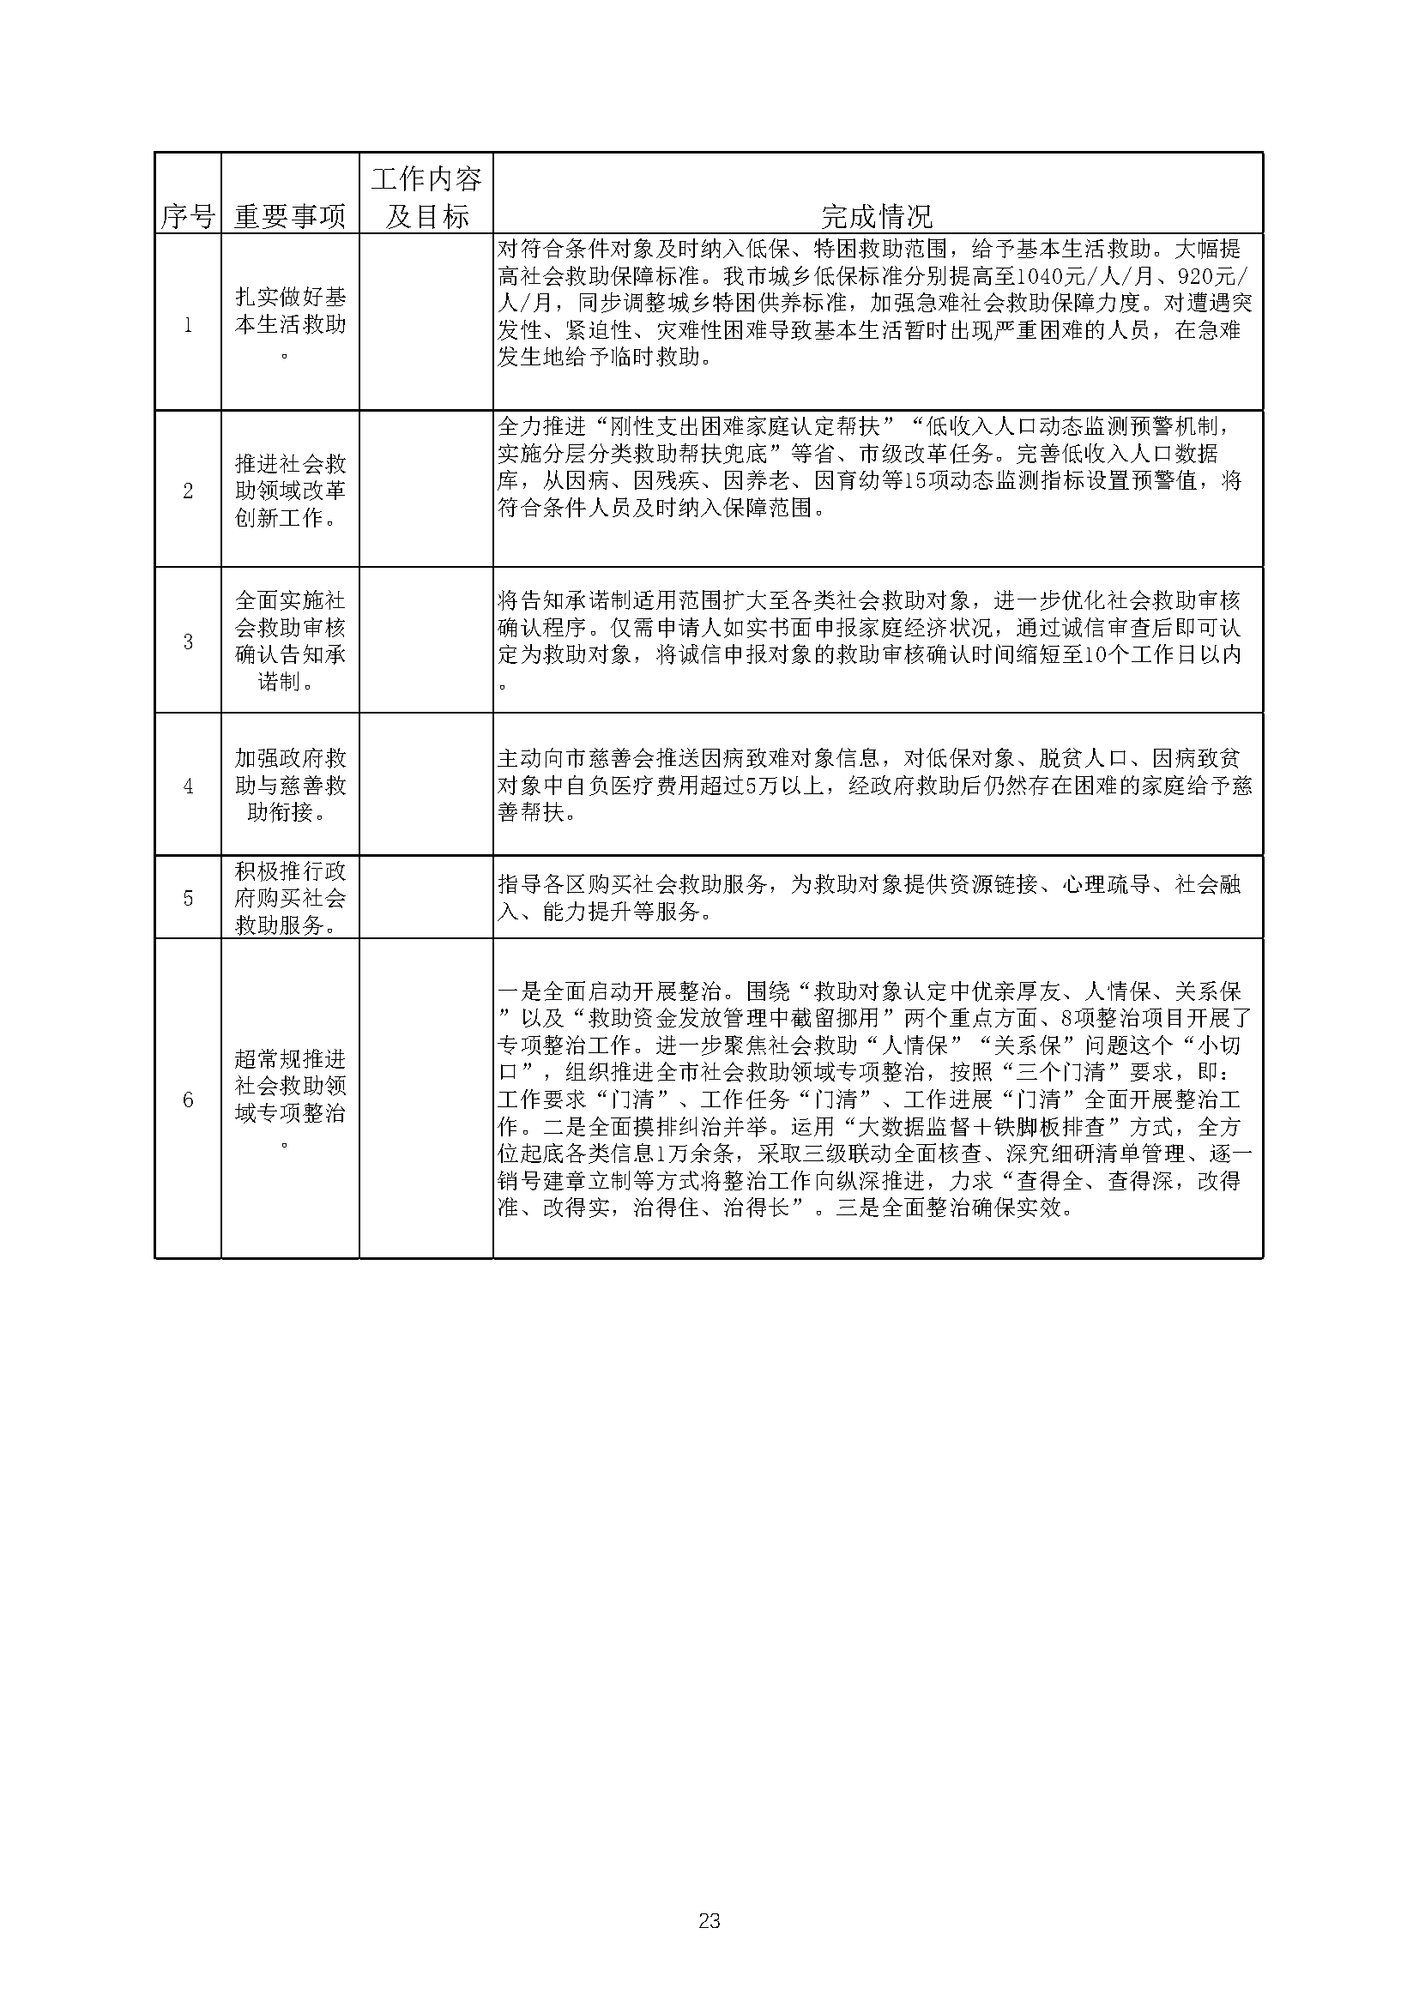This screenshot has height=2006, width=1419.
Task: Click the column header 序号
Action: (x=188, y=216)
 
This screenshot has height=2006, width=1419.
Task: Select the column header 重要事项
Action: (x=290, y=216)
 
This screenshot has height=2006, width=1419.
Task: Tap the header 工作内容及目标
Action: (x=426, y=197)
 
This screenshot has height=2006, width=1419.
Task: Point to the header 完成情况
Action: (x=877, y=216)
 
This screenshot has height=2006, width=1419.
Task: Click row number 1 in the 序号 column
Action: (x=188, y=325)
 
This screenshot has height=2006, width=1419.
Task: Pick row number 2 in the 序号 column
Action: (x=188, y=491)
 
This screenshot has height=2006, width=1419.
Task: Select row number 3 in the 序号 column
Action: (x=188, y=642)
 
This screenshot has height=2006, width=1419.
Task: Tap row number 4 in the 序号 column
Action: (x=188, y=786)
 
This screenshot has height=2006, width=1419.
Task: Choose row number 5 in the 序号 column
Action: (x=188, y=898)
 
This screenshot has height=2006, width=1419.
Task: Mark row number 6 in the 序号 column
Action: (x=188, y=1100)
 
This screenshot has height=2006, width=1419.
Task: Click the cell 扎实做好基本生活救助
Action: (x=290, y=311)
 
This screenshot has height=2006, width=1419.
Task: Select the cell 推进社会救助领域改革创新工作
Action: (x=290, y=491)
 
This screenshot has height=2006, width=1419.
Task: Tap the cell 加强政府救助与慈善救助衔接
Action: (x=290, y=786)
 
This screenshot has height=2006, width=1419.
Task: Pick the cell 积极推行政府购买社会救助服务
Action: (x=290, y=898)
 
